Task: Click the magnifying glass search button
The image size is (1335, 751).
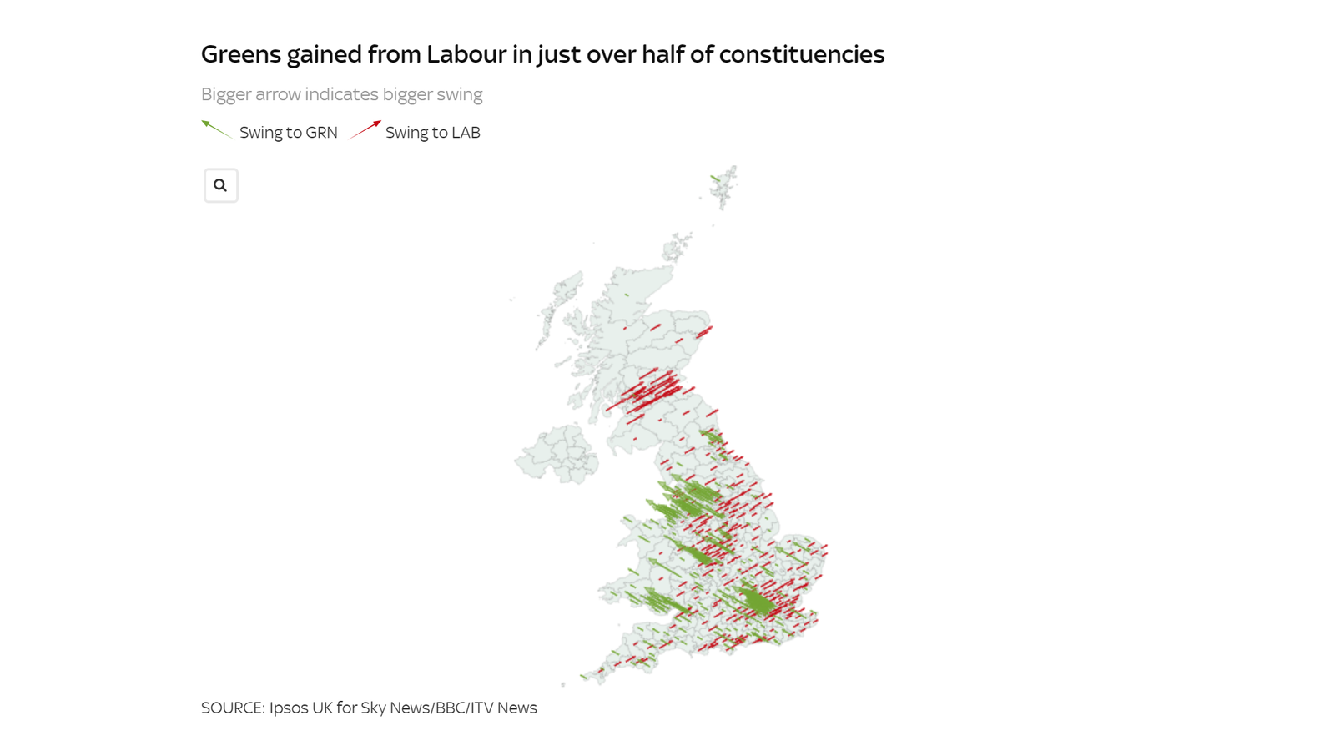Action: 220,185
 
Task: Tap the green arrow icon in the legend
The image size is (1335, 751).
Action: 216,129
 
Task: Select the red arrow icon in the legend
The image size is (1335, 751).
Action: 365,129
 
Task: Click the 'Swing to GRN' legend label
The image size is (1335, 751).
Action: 288,133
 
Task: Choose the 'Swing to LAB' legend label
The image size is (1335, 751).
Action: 432,133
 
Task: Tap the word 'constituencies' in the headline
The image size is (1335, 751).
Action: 801,54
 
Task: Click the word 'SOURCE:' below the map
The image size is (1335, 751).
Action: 233,708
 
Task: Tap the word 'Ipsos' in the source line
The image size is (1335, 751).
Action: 289,708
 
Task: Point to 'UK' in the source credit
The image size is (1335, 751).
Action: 322,708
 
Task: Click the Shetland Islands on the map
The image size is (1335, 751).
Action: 724,185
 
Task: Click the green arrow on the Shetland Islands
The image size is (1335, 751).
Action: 715,178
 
